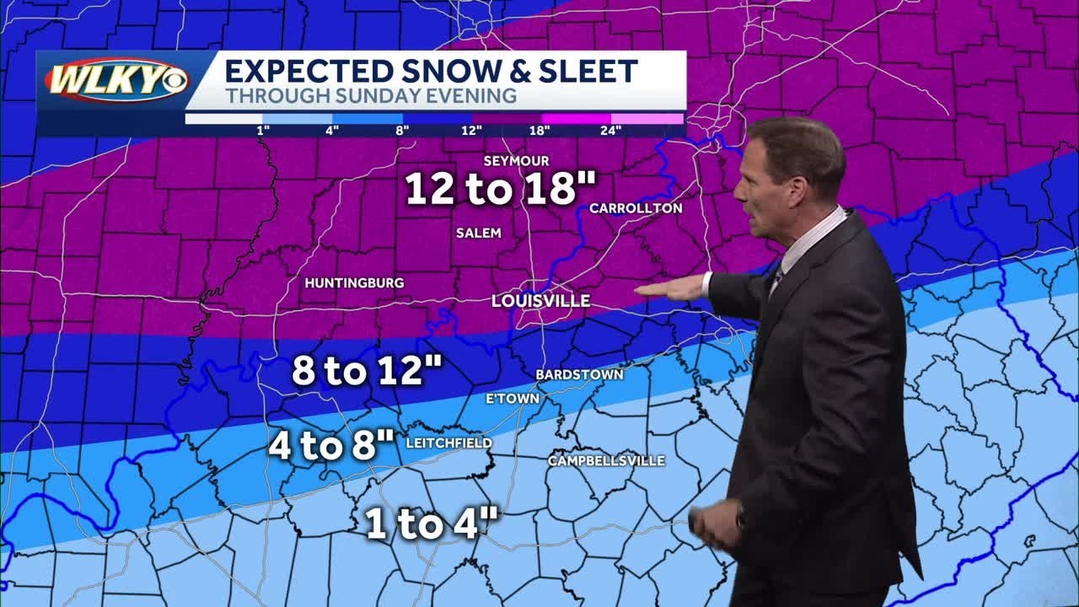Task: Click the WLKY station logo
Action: point(116,81)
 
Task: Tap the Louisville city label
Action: point(540,301)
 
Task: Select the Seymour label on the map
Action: point(516,161)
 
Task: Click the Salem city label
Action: point(478,233)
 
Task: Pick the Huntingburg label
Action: point(354,283)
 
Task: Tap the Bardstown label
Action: point(579,374)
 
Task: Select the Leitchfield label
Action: point(448,443)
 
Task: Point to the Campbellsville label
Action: point(606,461)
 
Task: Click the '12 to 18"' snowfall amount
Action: point(501,189)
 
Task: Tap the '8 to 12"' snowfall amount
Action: point(367,371)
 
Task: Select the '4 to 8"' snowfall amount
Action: point(331,445)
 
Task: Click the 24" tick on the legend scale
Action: point(611,130)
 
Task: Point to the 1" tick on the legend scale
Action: point(262,130)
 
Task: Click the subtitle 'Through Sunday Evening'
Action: point(371,96)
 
